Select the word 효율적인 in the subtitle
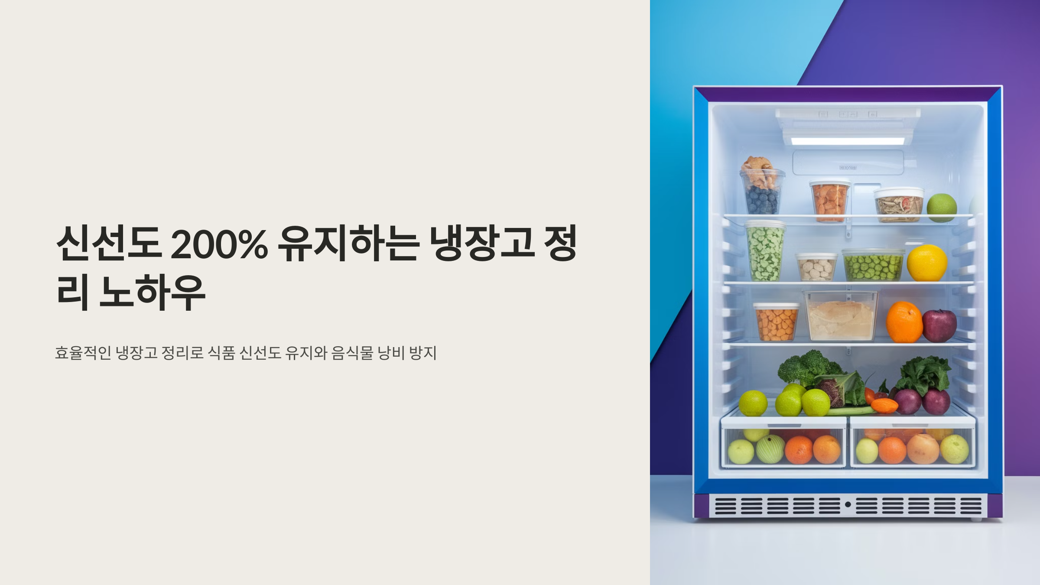click(x=83, y=353)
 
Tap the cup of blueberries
click(x=761, y=200)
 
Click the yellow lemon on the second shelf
click(x=927, y=263)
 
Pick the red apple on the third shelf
click(x=939, y=326)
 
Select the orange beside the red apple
click(x=904, y=323)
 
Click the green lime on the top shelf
click(x=942, y=208)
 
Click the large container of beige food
click(x=841, y=316)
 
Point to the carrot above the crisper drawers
click(x=884, y=405)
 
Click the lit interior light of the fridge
click(x=847, y=141)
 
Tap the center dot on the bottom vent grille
click(x=848, y=504)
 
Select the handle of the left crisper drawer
click(x=783, y=426)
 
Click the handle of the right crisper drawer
click(x=913, y=426)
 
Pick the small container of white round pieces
click(x=816, y=268)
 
